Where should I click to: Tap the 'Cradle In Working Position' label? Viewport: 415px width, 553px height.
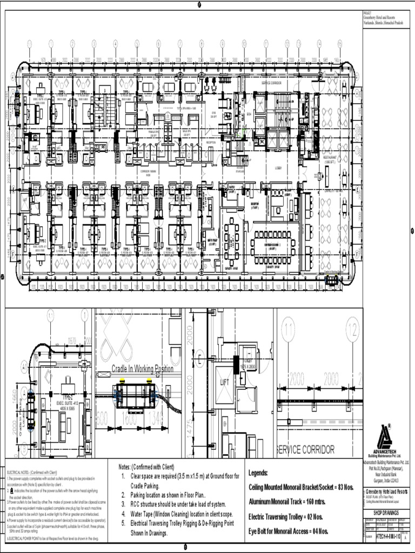[143, 369]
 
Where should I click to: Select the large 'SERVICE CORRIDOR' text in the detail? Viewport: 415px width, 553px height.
[305, 449]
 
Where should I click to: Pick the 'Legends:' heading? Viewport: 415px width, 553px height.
[258, 473]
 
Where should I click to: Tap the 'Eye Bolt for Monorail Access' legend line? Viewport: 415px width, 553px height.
[289, 531]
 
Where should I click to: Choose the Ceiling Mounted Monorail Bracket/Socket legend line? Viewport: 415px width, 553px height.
[301, 487]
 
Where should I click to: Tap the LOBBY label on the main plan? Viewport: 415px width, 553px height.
[277, 168]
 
